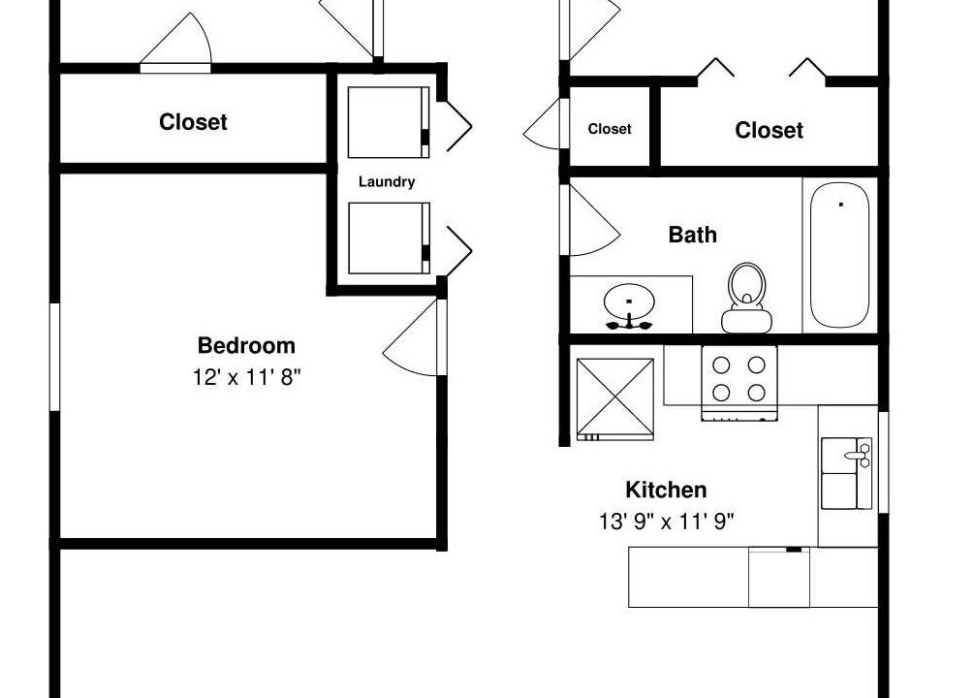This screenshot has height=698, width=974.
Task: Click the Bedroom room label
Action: [x=246, y=345]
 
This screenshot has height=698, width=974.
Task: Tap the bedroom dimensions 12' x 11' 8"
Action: [x=246, y=377]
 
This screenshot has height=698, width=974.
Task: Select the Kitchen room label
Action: [x=666, y=490]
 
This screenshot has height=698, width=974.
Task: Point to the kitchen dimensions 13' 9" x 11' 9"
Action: [x=667, y=521]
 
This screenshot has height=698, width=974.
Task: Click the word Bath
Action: [x=693, y=235]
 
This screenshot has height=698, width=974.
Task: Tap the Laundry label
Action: [x=387, y=182]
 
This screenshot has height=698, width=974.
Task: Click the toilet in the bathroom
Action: [x=746, y=298]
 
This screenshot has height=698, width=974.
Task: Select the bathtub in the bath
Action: [x=840, y=255]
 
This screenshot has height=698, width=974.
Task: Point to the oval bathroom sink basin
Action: [x=629, y=302]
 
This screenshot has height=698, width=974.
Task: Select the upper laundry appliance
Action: [x=389, y=122]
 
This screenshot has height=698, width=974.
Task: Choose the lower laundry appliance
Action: [x=389, y=238]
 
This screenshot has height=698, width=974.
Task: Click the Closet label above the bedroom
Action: [x=193, y=122]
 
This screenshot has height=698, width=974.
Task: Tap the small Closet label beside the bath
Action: [x=610, y=129]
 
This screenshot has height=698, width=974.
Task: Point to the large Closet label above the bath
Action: [x=769, y=130]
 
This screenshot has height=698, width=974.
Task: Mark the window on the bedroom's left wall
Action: [x=54, y=357]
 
